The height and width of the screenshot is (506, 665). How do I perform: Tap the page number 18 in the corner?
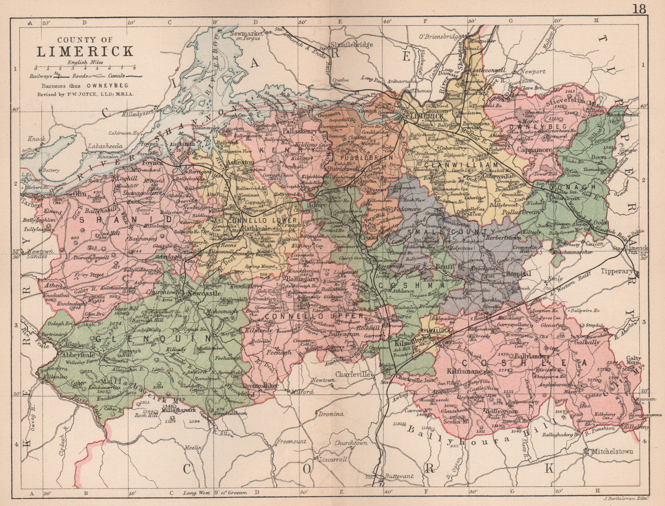(x=640, y=9)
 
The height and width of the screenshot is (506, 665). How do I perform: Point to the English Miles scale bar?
(x=85, y=67)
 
